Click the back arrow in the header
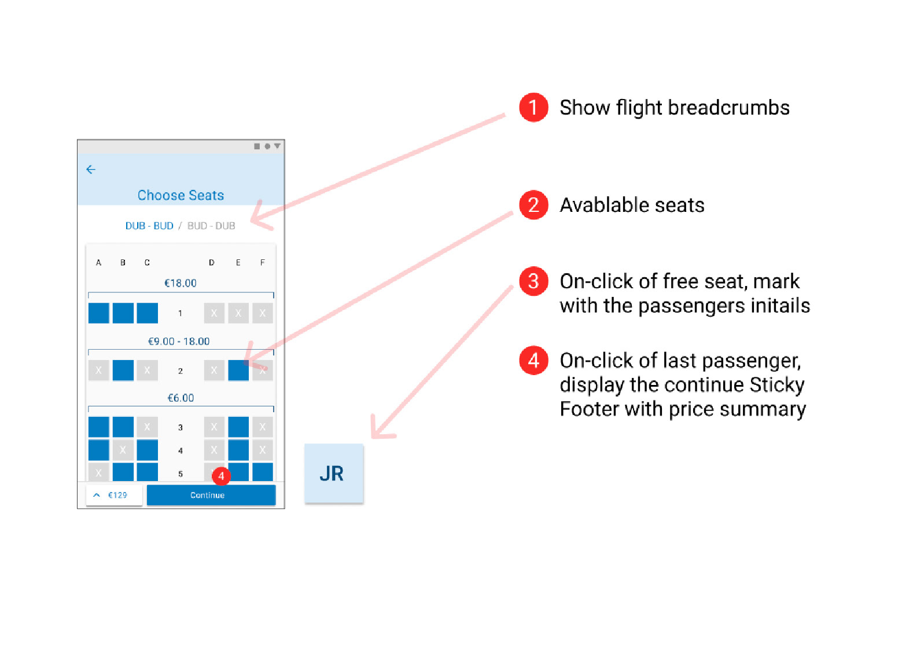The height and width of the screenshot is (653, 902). (91, 169)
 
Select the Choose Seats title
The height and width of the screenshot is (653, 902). (181, 195)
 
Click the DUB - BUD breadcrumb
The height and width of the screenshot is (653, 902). (149, 226)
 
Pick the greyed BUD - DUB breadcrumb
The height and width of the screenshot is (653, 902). (211, 226)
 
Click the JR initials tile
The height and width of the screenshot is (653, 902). (333, 474)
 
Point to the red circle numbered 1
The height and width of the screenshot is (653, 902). (533, 108)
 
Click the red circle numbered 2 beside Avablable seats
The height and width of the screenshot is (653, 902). (533, 205)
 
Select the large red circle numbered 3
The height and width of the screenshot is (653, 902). (533, 281)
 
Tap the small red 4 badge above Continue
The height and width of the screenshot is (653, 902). (221, 476)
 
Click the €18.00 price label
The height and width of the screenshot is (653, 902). (181, 283)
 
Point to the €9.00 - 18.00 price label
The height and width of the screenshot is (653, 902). (179, 342)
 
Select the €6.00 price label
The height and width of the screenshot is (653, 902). (181, 398)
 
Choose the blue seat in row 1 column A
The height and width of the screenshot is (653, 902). (99, 313)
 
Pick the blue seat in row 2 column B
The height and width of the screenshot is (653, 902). (123, 370)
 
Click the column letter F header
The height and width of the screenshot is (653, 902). (263, 263)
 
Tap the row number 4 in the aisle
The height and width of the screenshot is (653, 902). (181, 450)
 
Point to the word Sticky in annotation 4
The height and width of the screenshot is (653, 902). (776, 385)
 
